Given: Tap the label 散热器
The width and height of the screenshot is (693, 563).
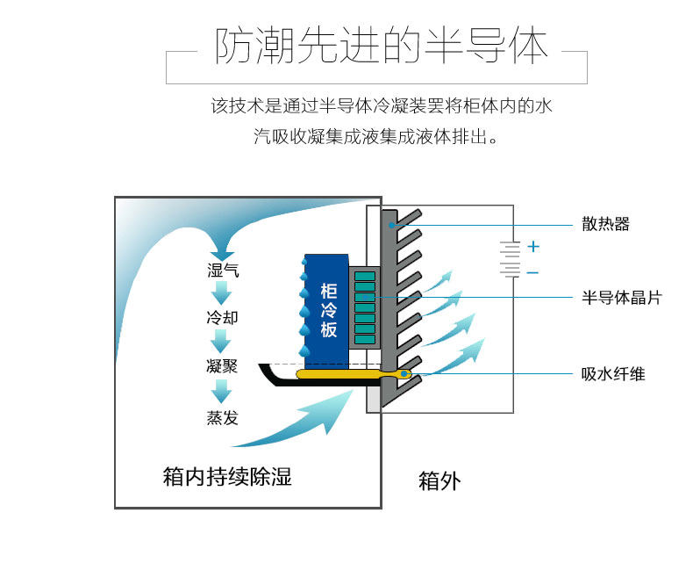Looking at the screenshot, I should [x=605, y=224].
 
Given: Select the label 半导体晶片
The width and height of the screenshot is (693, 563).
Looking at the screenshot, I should [x=621, y=298].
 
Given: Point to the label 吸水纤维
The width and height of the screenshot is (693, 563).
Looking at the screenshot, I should [x=613, y=374].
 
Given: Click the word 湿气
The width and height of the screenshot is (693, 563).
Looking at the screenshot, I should [x=223, y=270].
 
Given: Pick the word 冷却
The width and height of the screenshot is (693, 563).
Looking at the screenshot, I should [x=222, y=317].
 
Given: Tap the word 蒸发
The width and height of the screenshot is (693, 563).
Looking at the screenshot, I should [x=222, y=417].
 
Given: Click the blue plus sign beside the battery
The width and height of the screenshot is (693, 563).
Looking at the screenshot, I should [x=533, y=247].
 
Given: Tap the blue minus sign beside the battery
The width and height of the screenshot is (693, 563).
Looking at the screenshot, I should [x=533, y=273].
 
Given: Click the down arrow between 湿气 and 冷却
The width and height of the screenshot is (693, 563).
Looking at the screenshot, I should [x=222, y=292].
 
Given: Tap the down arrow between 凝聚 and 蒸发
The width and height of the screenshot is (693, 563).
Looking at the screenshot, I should [x=222, y=391].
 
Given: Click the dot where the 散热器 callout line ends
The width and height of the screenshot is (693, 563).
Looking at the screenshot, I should [x=396, y=225].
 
